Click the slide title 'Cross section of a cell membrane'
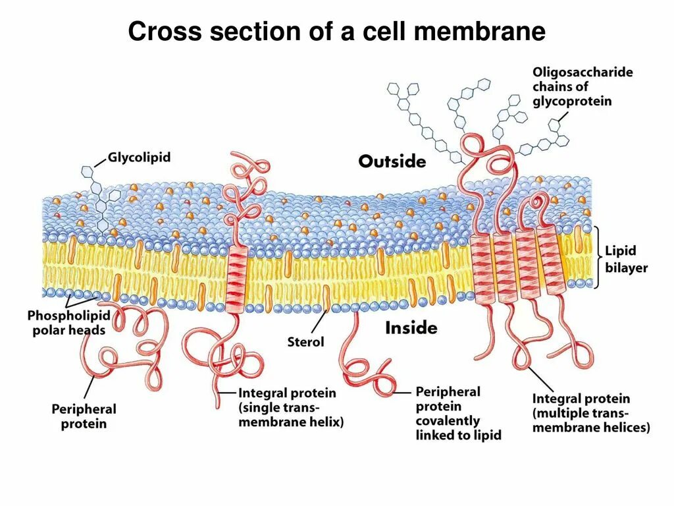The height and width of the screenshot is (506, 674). click(x=336, y=31)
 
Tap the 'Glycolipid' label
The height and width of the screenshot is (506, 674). click(x=139, y=157)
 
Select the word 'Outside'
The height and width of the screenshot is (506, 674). click(x=392, y=161)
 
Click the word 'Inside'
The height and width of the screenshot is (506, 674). click(x=411, y=327)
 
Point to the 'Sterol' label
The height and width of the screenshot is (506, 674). click(x=305, y=342)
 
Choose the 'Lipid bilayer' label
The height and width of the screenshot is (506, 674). click(x=626, y=259)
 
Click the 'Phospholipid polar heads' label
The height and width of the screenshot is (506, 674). click(x=68, y=323)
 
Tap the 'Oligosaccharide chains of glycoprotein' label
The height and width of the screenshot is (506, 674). click(x=582, y=86)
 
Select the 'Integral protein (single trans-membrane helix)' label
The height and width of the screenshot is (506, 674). click(x=291, y=407)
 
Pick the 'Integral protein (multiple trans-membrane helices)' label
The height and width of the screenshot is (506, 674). click(x=590, y=413)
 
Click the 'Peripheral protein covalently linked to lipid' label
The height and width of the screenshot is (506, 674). click(x=458, y=413)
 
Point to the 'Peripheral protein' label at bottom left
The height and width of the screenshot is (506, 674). click(x=84, y=416)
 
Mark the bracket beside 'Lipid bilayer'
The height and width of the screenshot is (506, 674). click(x=597, y=258)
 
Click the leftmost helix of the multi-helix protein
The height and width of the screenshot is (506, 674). click(x=482, y=266)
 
